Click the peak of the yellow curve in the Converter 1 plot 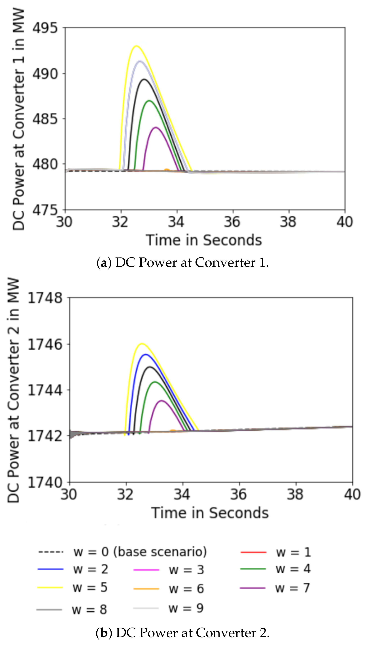(x=136, y=46)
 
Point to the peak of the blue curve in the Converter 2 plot (x=145, y=354)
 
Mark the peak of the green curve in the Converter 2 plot (x=155, y=382)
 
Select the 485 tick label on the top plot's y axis (x=45, y=119)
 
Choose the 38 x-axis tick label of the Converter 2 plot (x=295, y=494)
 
